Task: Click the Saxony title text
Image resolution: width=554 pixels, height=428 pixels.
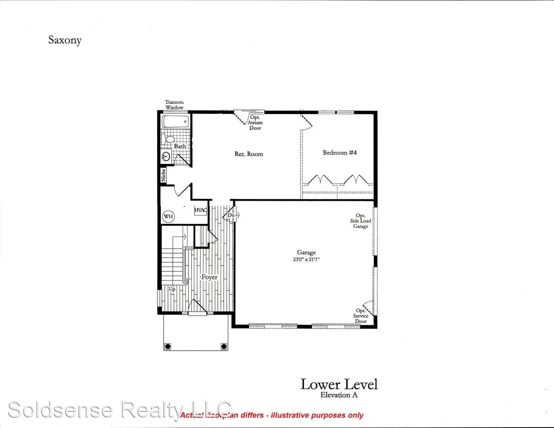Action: click(65, 40)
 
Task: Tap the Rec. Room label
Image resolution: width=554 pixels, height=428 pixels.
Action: click(249, 154)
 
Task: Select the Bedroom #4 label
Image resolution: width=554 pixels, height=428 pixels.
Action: click(340, 153)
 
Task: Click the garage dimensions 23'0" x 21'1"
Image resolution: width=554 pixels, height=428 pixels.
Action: click(307, 260)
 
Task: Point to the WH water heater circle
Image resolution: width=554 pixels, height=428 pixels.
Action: click(168, 217)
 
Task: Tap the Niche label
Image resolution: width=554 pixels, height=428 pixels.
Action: click(163, 175)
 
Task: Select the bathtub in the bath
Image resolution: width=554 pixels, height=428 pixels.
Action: click(176, 121)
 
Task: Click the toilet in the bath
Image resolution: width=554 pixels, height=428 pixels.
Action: click(169, 139)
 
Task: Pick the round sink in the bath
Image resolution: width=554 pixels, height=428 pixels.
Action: click(166, 157)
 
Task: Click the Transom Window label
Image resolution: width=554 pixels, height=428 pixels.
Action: click(174, 105)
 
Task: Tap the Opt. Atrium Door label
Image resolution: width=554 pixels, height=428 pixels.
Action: click(255, 122)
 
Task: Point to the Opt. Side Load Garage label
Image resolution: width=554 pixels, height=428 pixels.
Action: click(360, 221)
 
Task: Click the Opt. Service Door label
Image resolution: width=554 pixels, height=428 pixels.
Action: click(361, 316)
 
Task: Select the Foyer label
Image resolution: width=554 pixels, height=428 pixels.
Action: click(209, 277)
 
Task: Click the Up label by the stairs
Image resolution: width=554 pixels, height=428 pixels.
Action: click(172, 290)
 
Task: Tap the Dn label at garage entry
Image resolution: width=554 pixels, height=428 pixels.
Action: click(231, 215)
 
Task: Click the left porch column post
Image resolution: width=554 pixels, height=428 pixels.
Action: click(168, 346)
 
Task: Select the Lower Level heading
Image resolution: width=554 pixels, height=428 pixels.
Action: click(339, 384)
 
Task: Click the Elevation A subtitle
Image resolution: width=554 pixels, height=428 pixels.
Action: click(339, 395)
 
